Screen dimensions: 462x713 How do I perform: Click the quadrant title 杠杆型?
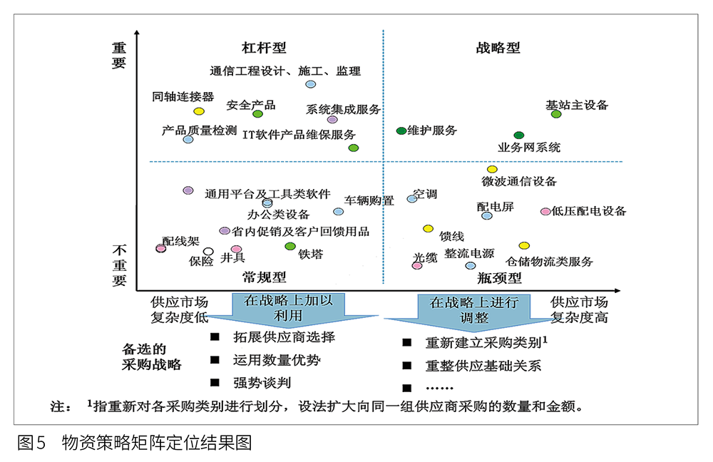coord(264,48)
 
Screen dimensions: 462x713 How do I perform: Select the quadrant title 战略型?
coord(498,48)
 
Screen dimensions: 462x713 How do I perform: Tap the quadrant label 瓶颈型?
coord(503,277)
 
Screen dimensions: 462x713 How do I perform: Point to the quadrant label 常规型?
coord(264,277)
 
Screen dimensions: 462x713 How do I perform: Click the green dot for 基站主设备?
coord(556,114)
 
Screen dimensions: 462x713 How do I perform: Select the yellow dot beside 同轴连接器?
coord(199,111)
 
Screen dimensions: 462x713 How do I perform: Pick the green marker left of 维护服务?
coord(401,130)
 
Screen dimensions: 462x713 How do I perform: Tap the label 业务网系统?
coord(529,148)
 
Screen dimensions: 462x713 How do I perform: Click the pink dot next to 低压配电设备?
coord(545,211)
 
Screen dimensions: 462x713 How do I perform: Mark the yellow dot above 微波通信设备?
coord(492,169)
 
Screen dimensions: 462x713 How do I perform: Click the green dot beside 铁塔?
coord(289,246)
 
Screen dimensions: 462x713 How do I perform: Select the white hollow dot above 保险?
coord(208,251)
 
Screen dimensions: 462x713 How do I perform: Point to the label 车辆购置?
coord(369,200)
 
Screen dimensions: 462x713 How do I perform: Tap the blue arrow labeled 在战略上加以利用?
coord(288,308)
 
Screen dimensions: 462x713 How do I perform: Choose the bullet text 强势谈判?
coord(262,383)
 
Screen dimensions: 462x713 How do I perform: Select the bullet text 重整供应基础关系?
coord(483,366)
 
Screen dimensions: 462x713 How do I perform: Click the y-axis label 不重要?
coord(119,264)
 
